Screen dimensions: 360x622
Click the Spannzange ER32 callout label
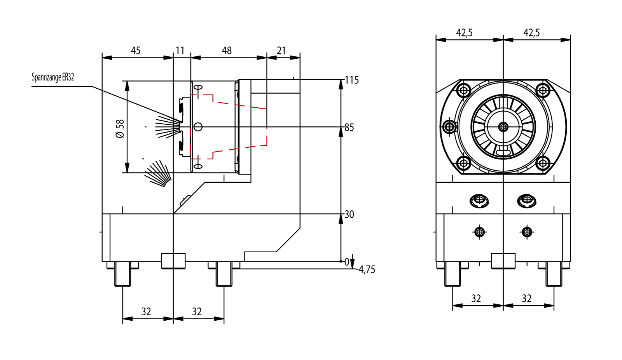coord(53,77)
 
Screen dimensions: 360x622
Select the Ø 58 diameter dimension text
coord(120,129)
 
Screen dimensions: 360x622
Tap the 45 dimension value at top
coord(136,51)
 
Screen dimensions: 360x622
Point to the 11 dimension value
coord(180,51)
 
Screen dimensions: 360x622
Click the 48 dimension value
coord(227,51)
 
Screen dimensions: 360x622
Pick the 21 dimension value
coord(281,51)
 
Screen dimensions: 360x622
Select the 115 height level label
coord(352,80)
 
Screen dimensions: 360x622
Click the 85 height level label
coord(349,128)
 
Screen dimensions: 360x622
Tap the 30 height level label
coord(349,215)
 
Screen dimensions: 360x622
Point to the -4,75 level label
coord(366,269)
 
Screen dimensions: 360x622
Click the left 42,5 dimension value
coord(464,33)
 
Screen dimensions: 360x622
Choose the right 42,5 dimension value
coord(531,33)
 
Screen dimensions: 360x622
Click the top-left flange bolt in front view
coord(464,91)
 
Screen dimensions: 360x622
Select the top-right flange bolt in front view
coord(543,91)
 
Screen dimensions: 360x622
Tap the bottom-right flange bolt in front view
coord(543,163)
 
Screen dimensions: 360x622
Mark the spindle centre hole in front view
coord(503,127)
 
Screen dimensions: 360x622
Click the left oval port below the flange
coord(479,201)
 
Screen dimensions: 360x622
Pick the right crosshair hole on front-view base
coord(527,232)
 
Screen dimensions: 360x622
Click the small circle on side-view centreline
coord(198,127)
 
